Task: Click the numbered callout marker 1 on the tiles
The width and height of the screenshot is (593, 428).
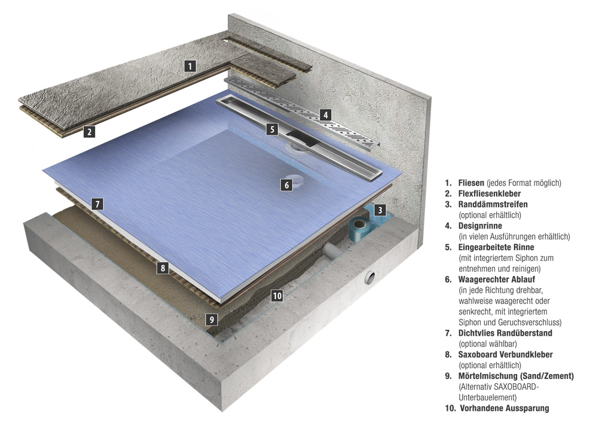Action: pos(189,66)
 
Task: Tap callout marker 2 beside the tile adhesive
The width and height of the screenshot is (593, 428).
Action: pos(89,132)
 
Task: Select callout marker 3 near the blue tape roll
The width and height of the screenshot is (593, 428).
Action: pos(380,210)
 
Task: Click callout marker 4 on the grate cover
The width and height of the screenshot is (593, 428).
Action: pos(325,115)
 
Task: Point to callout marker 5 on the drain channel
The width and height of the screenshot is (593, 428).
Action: pos(272,129)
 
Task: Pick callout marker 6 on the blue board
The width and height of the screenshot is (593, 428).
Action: pos(286,186)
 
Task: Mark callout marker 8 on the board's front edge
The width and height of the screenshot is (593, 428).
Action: pos(162,268)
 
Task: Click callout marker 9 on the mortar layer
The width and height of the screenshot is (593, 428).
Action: pos(211,319)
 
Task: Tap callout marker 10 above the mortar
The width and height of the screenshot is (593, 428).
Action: pos(276,295)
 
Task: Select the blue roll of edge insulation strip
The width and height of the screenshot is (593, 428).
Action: pos(358,230)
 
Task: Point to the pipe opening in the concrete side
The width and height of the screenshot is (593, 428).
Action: pos(371,278)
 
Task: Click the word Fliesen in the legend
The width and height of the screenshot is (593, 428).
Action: pos(471,183)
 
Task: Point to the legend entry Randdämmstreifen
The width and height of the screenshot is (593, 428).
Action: pos(493,204)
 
